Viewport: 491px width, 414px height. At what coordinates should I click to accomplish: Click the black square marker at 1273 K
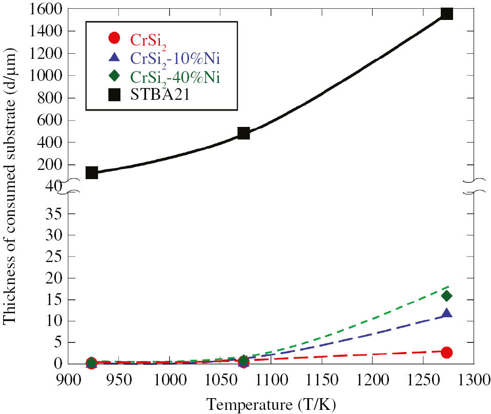(447, 13)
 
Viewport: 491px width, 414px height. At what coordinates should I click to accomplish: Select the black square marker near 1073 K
(243, 134)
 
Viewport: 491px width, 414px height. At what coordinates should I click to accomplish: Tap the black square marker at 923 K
(92, 172)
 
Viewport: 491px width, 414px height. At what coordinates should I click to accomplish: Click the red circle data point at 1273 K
(446, 352)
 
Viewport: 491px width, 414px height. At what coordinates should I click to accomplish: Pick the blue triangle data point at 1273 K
(446, 313)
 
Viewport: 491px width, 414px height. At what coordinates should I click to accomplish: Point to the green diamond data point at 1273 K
(446, 295)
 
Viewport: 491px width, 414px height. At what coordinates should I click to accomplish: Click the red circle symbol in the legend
(114, 38)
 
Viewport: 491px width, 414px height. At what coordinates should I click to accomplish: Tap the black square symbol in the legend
(114, 95)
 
